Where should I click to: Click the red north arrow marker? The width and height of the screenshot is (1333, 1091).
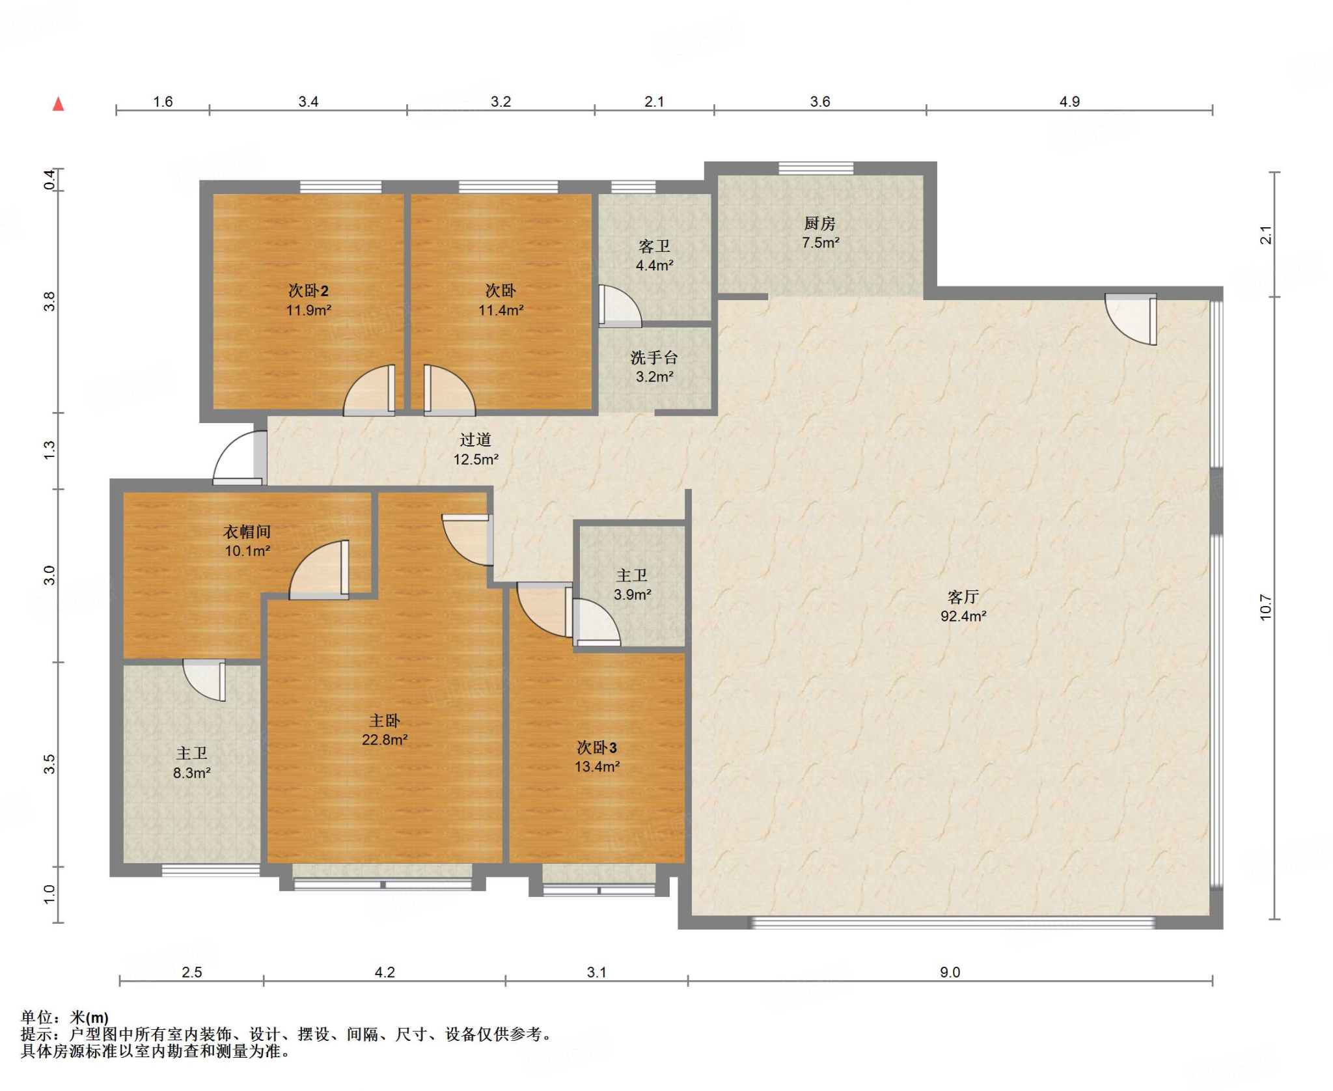point(59,104)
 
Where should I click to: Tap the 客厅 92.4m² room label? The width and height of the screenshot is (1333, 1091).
point(963,606)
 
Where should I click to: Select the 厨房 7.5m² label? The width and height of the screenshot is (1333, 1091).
point(820,233)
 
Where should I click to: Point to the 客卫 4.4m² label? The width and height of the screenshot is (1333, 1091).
point(654,255)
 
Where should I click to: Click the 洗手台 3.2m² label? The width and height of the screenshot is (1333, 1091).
point(654,366)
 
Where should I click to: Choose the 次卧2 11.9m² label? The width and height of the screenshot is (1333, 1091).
point(309,300)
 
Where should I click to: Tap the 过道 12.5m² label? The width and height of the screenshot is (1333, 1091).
point(476,449)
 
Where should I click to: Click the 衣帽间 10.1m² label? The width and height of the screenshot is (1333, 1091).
point(247,541)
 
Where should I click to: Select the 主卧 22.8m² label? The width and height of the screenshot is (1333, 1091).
point(385,730)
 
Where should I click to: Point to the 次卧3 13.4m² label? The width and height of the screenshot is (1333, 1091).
point(597,756)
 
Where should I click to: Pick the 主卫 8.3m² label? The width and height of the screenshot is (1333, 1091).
point(191,763)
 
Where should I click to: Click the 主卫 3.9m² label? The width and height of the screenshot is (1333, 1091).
point(632,585)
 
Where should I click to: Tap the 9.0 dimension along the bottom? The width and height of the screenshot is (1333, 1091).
point(950,972)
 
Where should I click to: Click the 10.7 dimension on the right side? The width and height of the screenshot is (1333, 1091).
point(1265,607)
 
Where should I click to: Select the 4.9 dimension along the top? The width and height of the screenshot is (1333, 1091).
point(1069,102)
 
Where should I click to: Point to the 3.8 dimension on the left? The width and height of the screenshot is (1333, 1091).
point(49,301)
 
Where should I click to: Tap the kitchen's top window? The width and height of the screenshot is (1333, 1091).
point(816,168)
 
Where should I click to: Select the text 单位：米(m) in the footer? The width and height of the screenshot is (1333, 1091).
point(64,1017)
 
